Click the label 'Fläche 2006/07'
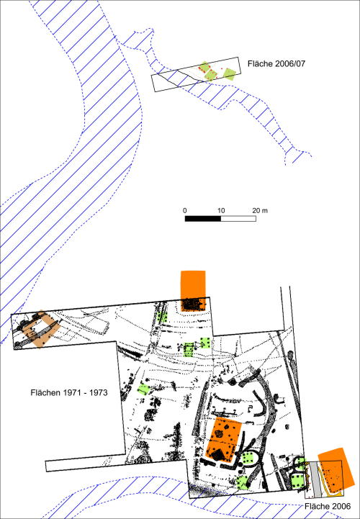tap(276, 63)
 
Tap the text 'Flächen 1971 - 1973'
tap(69, 392)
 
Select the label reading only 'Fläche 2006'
tap(328, 507)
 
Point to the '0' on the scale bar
tap(185, 211)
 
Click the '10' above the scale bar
tap(221, 211)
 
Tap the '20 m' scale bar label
tap(260, 210)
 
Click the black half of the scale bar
tap(203, 218)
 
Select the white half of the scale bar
tap(238, 218)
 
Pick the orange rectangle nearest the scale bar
tap(193, 291)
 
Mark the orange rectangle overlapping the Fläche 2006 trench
tap(336, 469)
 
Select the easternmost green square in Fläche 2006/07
tap(229, 74)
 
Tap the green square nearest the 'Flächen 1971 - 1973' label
tap(143, 389)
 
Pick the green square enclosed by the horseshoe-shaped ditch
tap(248, 459)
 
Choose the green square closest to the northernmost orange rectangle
tap(162, 317)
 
